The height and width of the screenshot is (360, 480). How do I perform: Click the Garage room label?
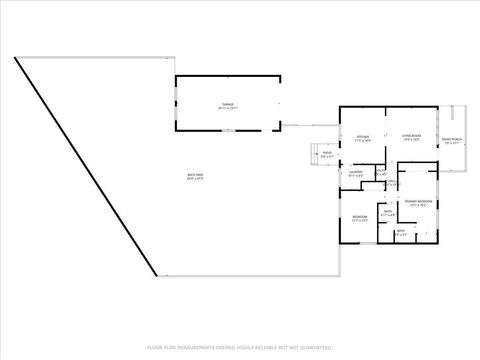tap(227, 103)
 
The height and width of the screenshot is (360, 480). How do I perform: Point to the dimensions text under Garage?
tap(227, 108)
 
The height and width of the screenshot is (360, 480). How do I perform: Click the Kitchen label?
tap(362, 136)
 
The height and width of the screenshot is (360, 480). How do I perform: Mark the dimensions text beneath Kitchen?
tap(362, 141)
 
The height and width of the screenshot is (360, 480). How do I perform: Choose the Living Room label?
tap(410, 136)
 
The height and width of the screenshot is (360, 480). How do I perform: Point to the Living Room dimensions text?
tap(410, 141)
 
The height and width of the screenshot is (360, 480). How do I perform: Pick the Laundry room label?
tap(355, 172)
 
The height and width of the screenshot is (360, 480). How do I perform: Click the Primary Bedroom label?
tap(418, 201)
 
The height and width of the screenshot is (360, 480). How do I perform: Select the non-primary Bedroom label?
tap(359, 216)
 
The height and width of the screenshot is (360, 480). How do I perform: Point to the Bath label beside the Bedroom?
tap(387, 211)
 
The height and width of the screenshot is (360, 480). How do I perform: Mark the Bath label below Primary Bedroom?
tap(400, 231)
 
